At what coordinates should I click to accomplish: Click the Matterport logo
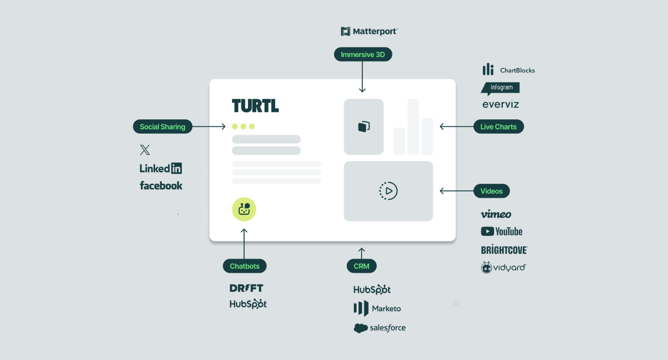[370, 31]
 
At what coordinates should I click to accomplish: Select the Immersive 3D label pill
[363, 55]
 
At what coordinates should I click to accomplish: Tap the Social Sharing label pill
[162, 127]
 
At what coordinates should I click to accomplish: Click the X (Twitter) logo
[145, 150]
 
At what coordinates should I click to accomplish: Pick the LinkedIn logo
[160, 168]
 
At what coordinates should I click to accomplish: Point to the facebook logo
[161, 186]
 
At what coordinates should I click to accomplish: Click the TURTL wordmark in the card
[255, 106]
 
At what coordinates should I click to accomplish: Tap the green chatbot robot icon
[244, 209]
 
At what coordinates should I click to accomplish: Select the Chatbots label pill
[244, 266]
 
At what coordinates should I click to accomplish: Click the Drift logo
[247, 288]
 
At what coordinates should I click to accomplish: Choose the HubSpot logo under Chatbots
[248, 304]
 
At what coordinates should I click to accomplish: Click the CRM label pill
[362, 266]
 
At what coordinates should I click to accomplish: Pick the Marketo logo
[377, 309]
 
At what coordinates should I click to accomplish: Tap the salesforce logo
[379, 328]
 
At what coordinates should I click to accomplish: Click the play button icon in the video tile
[388, 191]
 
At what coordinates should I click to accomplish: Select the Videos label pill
[491, 191]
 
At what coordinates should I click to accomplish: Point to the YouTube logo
[501, 231]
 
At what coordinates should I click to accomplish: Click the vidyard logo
[503, 267]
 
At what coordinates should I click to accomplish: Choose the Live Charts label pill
[498, 127]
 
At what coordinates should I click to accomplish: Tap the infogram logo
[501, 88]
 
